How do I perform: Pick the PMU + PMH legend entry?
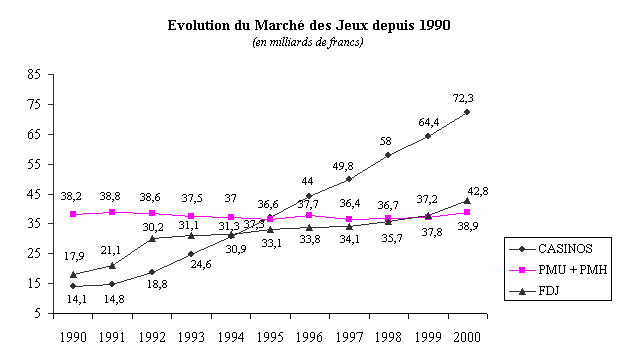tap(560, 270)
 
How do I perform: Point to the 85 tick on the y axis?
tap(34, 74)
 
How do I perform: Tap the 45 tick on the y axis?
tap(34, 193)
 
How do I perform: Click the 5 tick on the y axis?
tap(37, 313)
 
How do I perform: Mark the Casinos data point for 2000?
tap(467, 112)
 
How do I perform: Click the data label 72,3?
tap(464, 98)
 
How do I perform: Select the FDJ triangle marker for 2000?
tap(467, 200)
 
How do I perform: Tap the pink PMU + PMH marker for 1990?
tap(73, 214)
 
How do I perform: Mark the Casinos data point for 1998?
tap(388, 155)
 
